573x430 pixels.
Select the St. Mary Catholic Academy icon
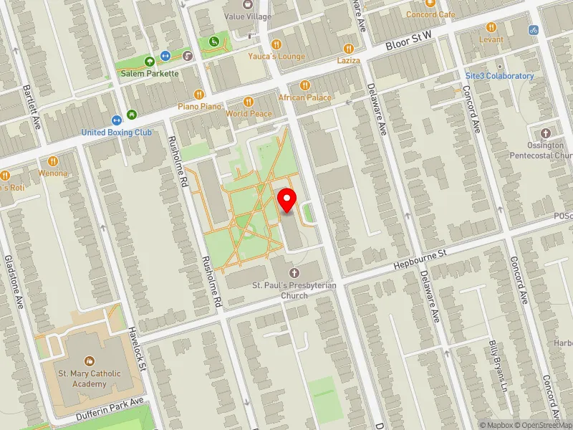tap(89, 361)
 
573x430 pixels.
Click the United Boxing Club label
tap(117, 132)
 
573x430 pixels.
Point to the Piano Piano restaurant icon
tap(200, 94)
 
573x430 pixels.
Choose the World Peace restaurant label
tap(249, 114)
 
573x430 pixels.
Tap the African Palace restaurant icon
tap(304, 85)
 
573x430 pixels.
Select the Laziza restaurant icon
tap(349, 48)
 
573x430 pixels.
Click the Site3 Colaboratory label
tap(499, 76)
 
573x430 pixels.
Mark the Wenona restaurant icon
tap(53, 161)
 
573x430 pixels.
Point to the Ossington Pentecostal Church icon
tap(546, 133)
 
